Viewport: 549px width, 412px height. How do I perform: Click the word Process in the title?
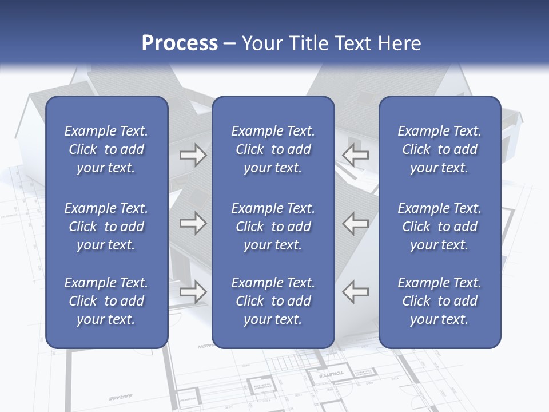pos(180,43)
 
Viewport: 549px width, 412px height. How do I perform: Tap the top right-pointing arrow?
pos(193,155)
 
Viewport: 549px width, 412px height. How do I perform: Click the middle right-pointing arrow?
pos(193,223)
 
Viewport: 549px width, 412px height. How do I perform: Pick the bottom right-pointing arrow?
pos(193,292)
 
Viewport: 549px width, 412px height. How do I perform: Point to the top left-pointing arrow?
pos(355,155)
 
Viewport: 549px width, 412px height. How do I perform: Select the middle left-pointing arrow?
pos(355,223)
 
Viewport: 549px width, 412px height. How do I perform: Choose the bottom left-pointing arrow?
pos(355,292)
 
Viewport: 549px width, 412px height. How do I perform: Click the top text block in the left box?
pos(106,149)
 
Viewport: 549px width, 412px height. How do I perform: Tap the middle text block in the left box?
pos(106,227)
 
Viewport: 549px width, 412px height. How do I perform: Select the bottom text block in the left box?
pos(106,301)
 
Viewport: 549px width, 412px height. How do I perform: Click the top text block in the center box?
pos(273,149)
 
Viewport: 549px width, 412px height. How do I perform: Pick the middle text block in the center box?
pos(273,227)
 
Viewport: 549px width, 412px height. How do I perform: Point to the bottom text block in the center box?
pos(273,301)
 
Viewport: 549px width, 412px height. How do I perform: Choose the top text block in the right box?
pos(440,149)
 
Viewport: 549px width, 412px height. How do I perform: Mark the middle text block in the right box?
pos(440,227)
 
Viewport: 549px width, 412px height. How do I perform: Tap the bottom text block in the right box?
pos(440,301)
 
